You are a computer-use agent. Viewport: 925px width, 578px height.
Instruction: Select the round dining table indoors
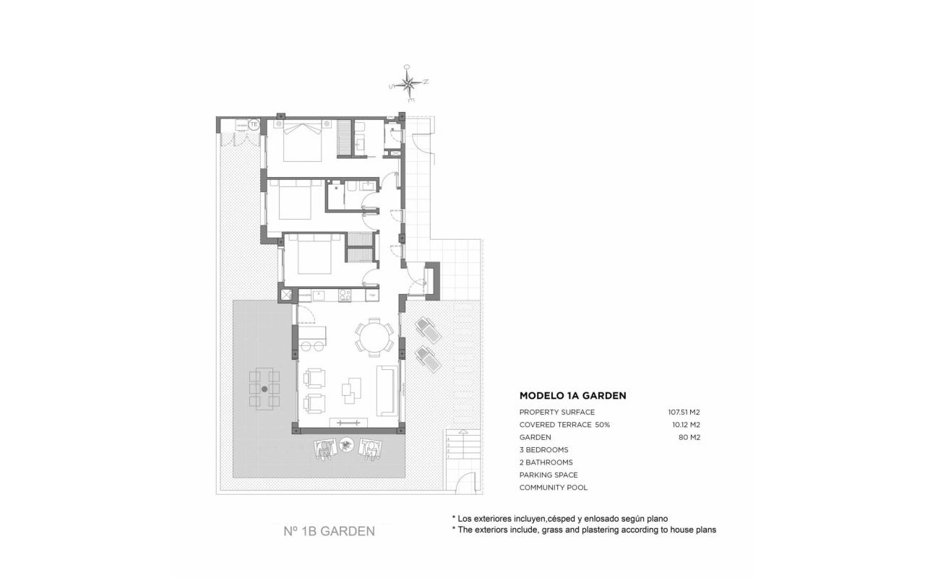(374, 337)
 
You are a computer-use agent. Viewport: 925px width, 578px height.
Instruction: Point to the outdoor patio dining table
(264, 389)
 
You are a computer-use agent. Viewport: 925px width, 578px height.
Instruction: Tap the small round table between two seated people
(348, 446)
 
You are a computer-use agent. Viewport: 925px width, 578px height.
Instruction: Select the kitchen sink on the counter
(318, 294)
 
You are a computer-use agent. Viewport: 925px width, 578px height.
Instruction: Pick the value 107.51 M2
(684, 412)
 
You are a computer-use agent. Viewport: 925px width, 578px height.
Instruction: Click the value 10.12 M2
(686, 425)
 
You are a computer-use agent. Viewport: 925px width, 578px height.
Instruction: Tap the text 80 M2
(689, 437)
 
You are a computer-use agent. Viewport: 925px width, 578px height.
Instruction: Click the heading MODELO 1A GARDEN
(572, 396)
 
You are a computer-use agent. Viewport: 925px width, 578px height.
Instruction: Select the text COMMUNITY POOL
(554, 488)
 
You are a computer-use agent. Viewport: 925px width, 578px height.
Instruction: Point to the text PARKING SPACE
(548, 475)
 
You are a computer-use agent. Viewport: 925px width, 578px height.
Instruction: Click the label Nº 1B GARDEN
(329, 532)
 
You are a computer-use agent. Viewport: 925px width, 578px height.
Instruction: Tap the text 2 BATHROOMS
(546, 462)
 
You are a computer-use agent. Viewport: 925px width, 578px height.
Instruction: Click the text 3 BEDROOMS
(543, 449)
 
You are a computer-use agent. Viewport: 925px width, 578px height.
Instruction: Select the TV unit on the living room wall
(350, 423)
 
